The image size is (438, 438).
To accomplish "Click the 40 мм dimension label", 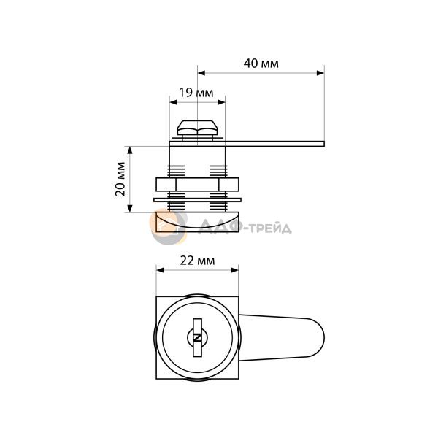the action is click(x=261, y=64).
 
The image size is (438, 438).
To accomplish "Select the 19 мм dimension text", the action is click(x=196, y=93).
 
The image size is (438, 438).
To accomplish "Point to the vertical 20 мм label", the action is click(x=120, y=179).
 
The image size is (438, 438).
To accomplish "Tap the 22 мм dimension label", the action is click(x=198, y=261).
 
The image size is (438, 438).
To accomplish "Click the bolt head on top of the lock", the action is click(x=197, y=128).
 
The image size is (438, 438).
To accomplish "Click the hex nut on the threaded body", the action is click(x=197, y=185).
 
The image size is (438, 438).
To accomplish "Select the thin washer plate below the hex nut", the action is click(x=197, y=200).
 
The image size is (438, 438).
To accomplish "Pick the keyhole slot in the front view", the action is click(x=198, y=338).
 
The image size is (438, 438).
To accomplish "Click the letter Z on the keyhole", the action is click(x=198, y=338).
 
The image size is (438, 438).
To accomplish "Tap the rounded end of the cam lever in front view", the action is click(x=318, y=338).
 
